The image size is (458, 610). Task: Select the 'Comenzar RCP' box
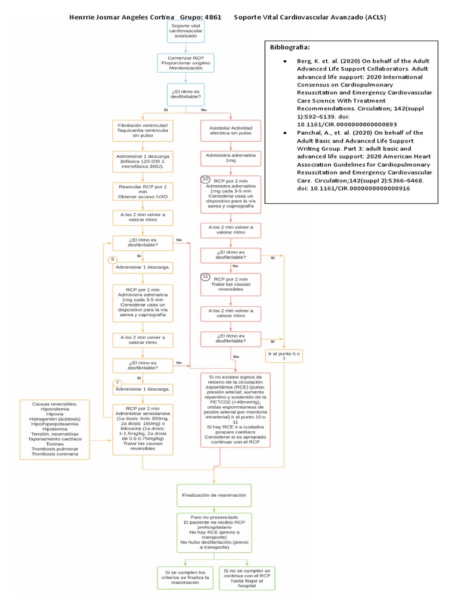point(185,63)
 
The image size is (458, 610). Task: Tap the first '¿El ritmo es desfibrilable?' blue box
point(185,94)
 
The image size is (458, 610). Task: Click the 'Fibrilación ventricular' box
point(143,130)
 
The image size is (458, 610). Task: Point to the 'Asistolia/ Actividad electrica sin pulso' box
point(230,130)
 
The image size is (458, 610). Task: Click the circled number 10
point(206,179)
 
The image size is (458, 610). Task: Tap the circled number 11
point(206,277)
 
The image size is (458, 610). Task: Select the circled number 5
point(113,260)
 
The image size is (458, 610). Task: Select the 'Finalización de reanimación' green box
point(213,495)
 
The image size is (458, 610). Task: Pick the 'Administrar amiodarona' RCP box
point(143,429)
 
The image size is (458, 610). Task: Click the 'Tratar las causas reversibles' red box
point(230,285)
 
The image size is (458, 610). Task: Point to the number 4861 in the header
point(213,17)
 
